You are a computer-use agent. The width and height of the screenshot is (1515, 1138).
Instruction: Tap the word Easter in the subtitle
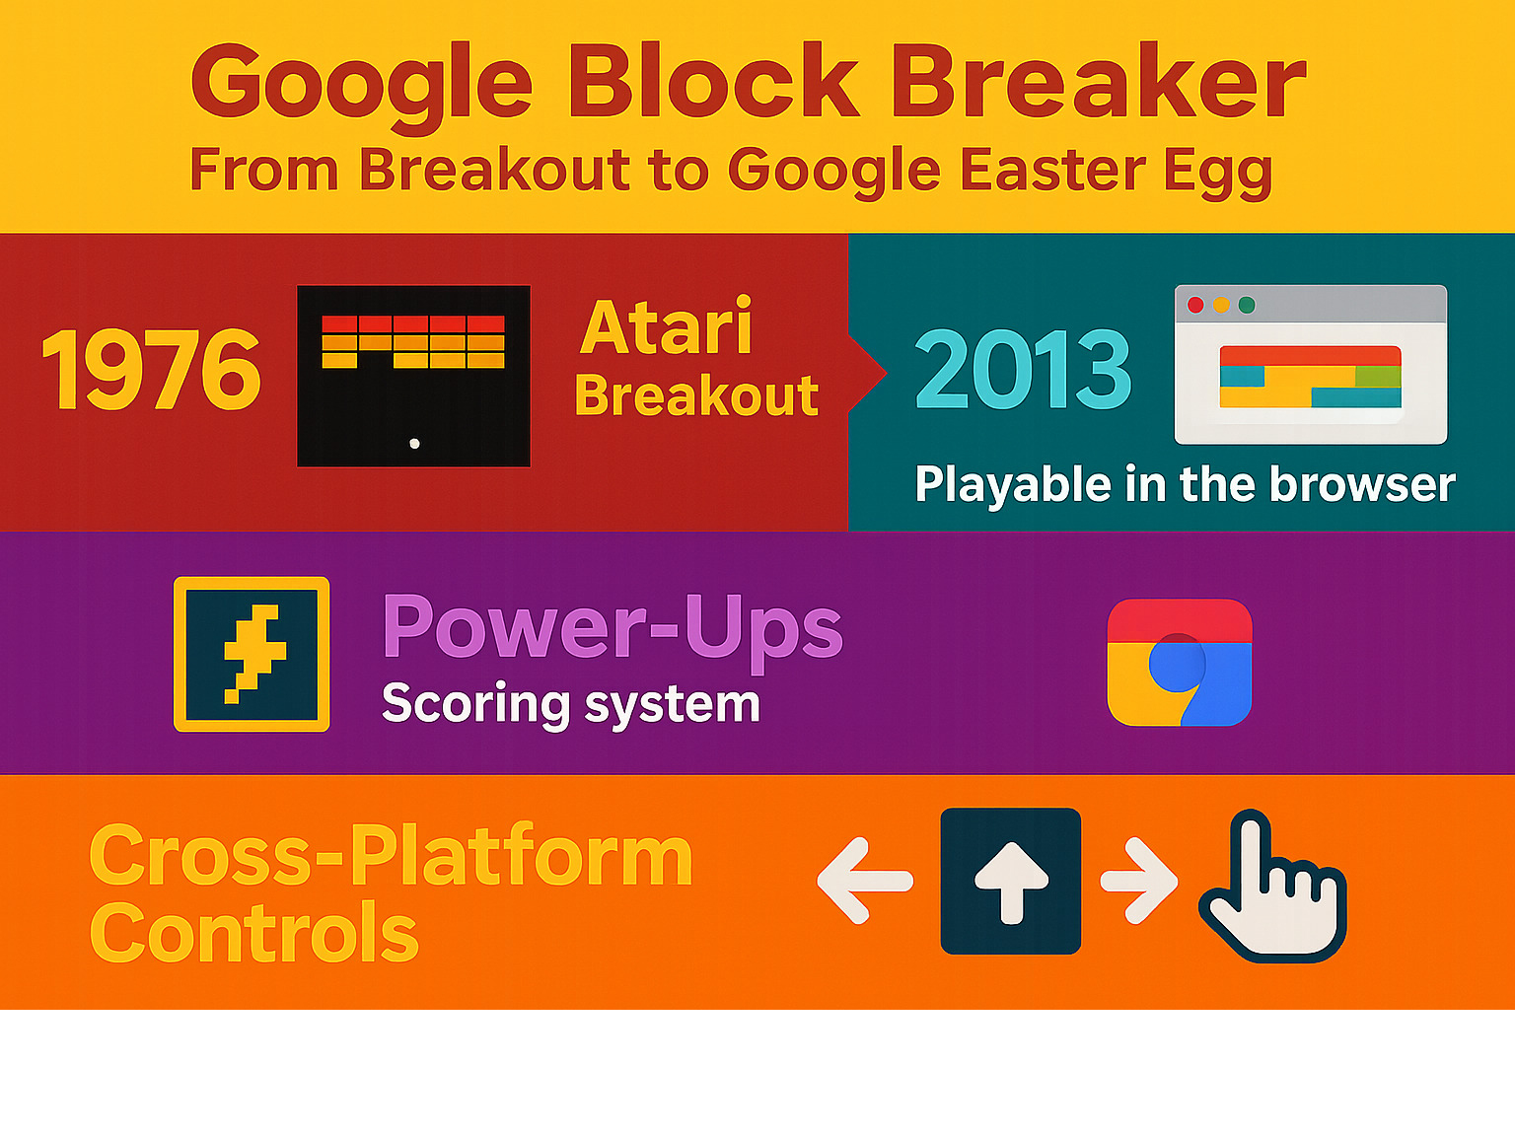[1051, 169]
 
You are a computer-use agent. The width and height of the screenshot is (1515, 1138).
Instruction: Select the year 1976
[151, 370]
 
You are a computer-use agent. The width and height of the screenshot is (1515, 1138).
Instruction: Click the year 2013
[1023, 369]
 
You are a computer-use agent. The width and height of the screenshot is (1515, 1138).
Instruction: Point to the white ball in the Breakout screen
[414, 444]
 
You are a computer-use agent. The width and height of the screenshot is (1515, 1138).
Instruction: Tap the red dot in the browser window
[1195, 305]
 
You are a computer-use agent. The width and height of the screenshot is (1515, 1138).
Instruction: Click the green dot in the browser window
[1247, 305]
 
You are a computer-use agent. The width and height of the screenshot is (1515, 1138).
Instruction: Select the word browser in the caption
[1362, 484]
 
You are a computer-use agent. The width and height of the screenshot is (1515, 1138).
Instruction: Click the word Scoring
[476, 705]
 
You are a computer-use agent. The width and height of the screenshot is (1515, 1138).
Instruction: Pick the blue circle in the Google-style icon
[1177, 664]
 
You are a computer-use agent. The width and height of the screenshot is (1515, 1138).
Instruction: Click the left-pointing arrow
[864, 881]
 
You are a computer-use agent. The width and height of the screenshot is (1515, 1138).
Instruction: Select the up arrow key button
[1010, 882]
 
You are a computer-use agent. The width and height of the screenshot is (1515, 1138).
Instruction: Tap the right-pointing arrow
[1139, 881]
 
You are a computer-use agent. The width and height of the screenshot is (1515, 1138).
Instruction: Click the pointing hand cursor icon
[1274, 888]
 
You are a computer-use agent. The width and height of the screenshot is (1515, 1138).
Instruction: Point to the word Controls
[254, 932]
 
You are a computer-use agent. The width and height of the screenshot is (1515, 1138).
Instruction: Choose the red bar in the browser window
[1310, 355]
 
